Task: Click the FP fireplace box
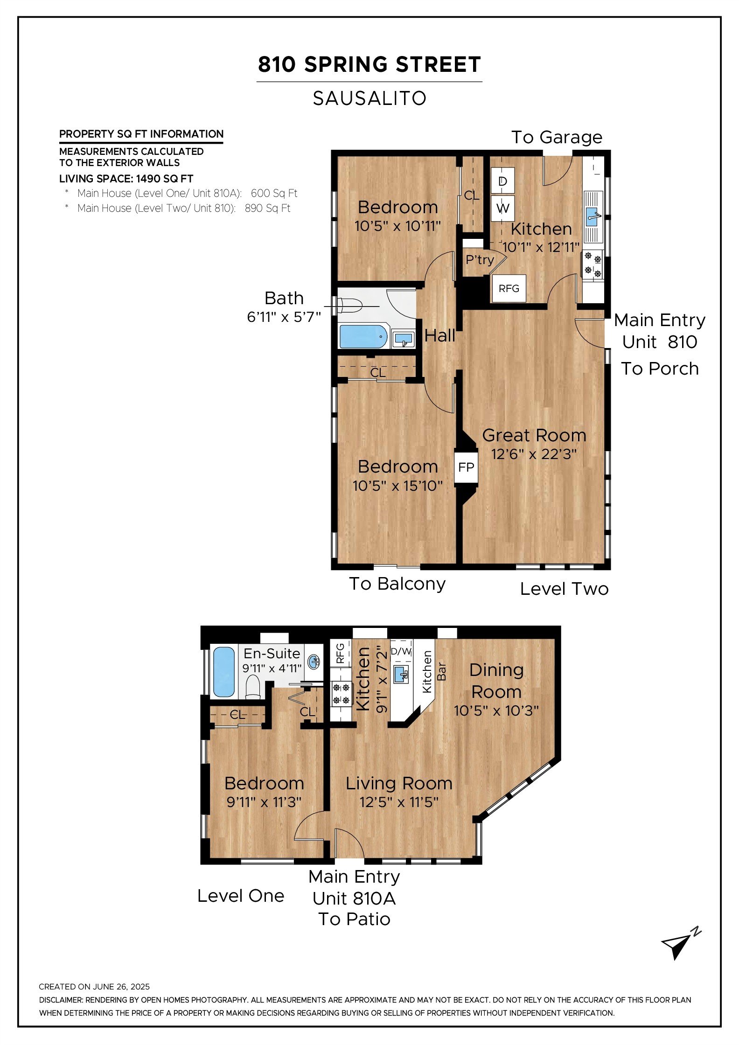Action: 466,467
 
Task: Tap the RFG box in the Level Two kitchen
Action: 509,288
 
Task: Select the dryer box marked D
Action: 502,181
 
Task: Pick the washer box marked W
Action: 502,208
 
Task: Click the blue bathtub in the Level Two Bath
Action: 363,336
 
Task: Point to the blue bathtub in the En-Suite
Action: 224,672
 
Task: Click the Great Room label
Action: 534,435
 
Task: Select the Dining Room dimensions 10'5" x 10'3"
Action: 496,711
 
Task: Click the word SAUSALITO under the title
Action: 369,98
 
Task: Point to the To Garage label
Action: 557,137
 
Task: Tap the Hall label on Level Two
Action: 440,335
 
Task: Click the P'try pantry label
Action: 480,260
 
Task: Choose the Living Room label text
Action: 399,783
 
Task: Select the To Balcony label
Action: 397,584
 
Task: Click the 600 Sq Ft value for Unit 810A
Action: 274,193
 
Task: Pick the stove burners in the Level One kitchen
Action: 341,694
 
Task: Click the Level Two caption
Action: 564,589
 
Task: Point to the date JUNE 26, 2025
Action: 121,987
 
